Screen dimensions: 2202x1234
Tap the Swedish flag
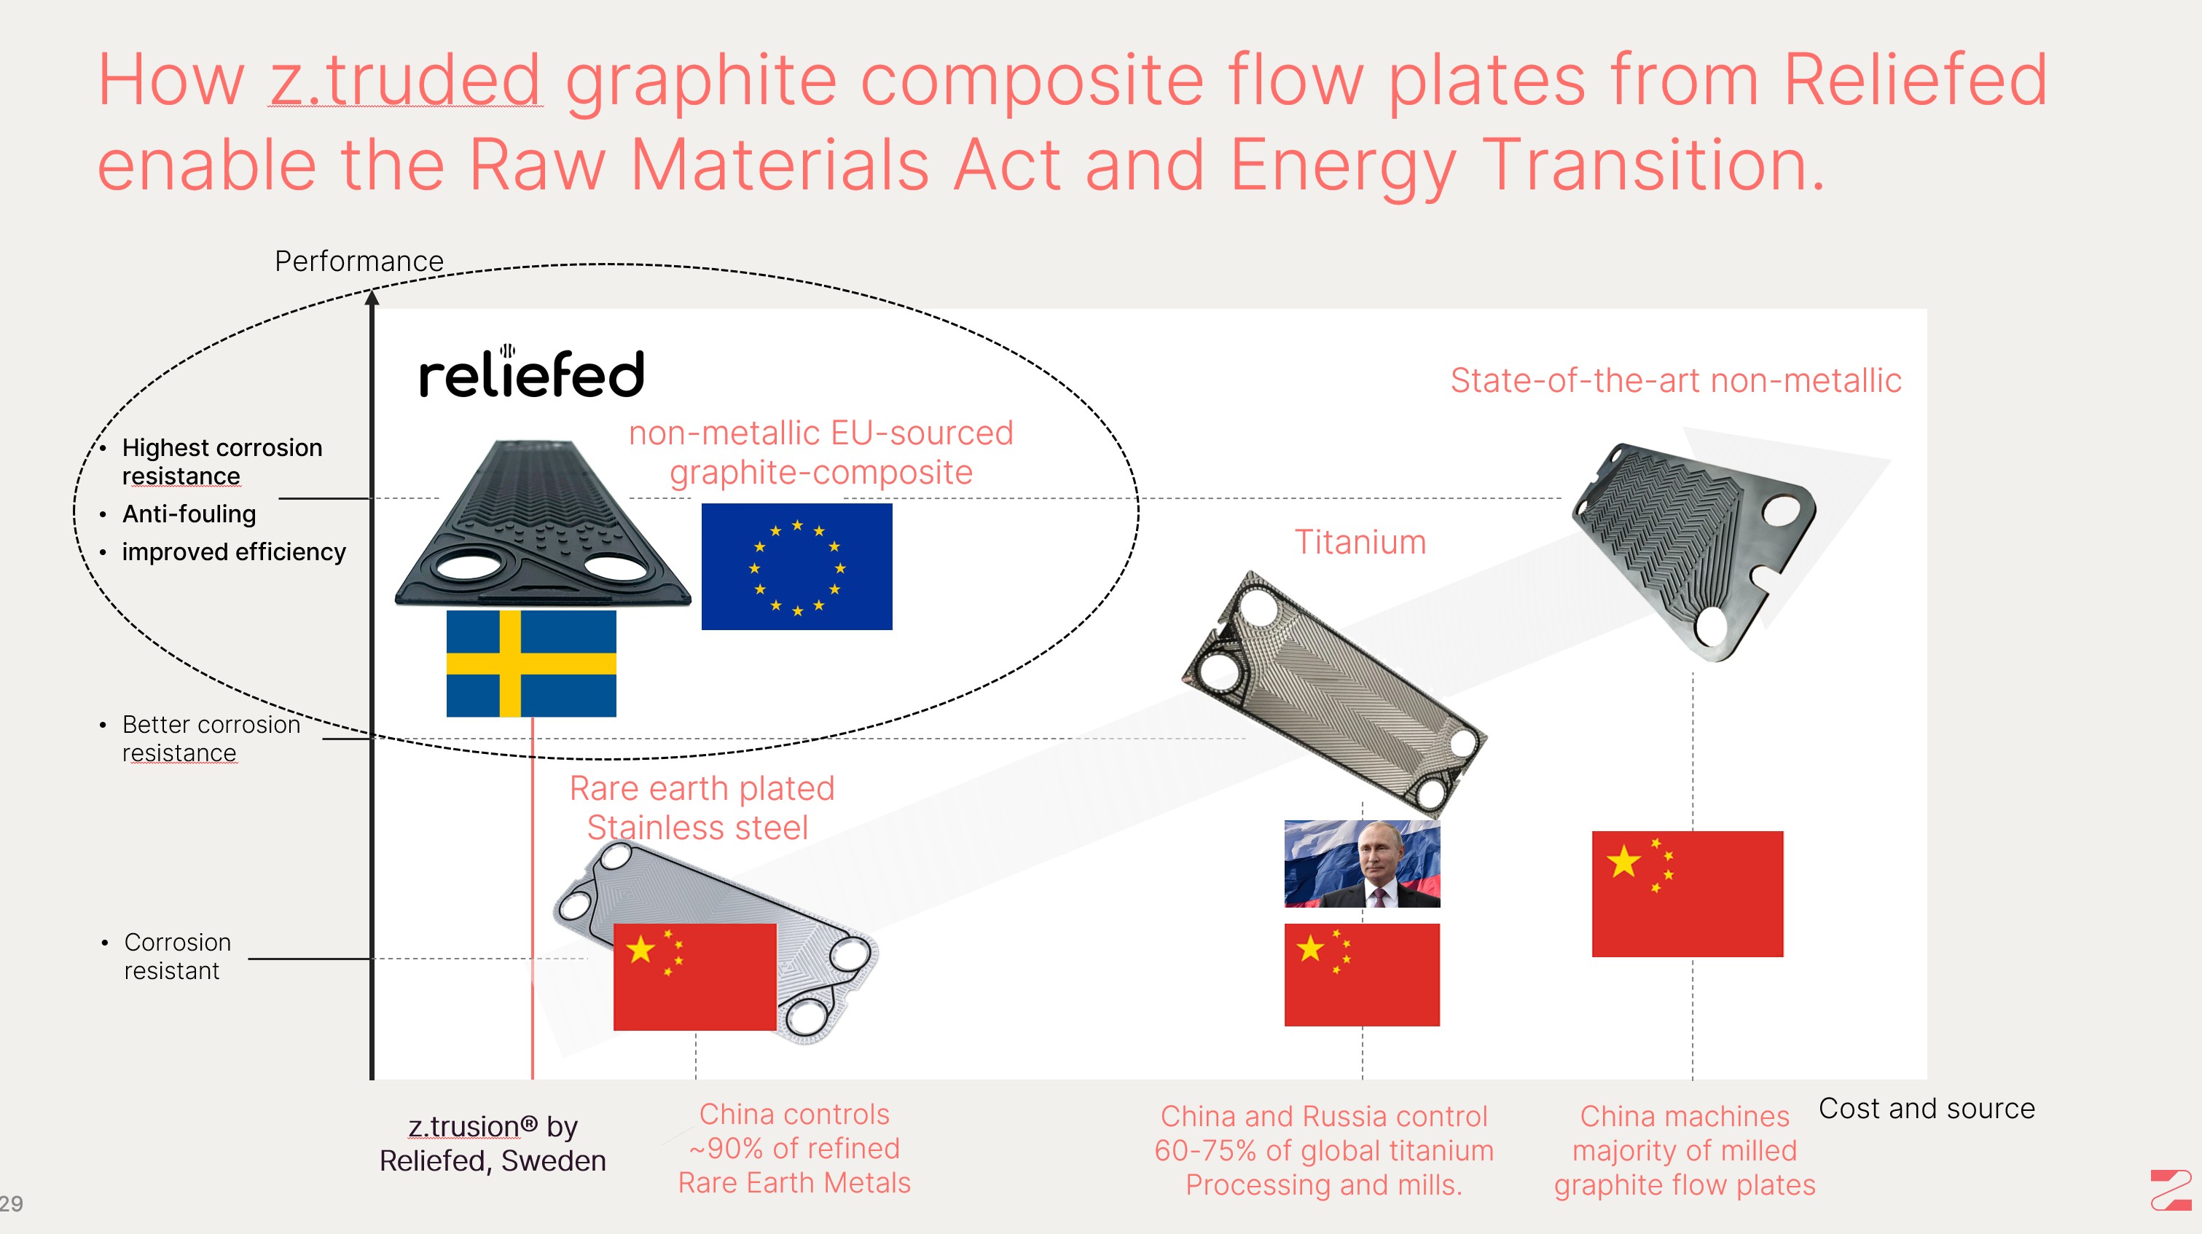pos(531,663)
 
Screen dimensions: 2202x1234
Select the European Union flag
pos(796,567)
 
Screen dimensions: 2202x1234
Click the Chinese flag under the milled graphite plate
pos(1688,894)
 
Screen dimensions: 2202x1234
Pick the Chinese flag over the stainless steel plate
pos(695,977)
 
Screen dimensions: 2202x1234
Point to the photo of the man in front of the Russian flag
pos(1363,864)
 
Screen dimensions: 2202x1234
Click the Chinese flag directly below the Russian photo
pos(1363,974)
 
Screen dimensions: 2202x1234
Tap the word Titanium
pos(1360,542)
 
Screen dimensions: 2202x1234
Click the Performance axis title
pos(359,261)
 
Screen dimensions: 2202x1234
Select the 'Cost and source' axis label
pos(1927,1109)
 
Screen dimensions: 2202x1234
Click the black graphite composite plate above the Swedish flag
pos(543,523)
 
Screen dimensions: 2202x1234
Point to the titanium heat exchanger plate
pos(1333,692)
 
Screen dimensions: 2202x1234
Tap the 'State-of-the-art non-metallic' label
pos(1675,380)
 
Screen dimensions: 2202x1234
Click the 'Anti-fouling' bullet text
pos(189,514)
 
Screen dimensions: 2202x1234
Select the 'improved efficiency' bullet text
pos(233,552)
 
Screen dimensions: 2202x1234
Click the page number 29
pos(11,1203)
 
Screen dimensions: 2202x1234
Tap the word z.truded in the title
pos(405,79)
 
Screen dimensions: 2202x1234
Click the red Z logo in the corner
pos(2171,1190)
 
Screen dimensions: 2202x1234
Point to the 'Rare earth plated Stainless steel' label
pos(702,808)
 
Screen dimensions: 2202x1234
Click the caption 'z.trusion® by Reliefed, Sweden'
pos(493,1144)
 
